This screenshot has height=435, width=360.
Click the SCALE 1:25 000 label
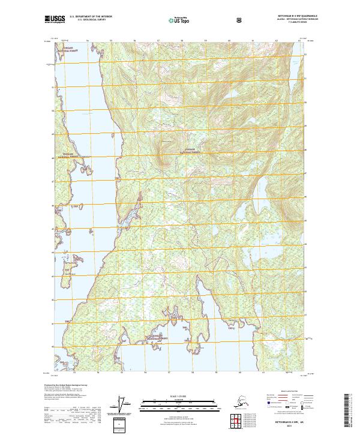179,395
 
